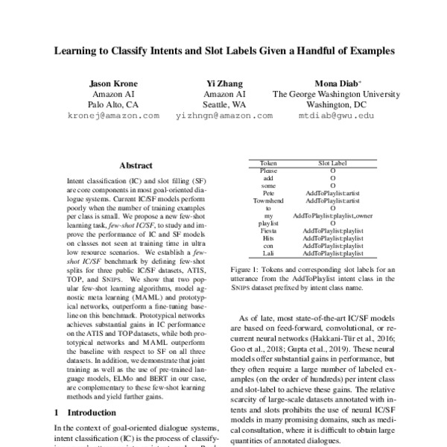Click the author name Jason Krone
(x=112, y=83)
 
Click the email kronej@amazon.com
(x=112, y=117)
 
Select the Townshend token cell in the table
(x=268, y=200)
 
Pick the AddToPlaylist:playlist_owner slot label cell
(x=332, y=215)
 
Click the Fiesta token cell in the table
(x=268, y=230)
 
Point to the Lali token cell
(x=268, y=253)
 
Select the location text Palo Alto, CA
(x=112, y=106)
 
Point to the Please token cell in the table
(x=268, y=171)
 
